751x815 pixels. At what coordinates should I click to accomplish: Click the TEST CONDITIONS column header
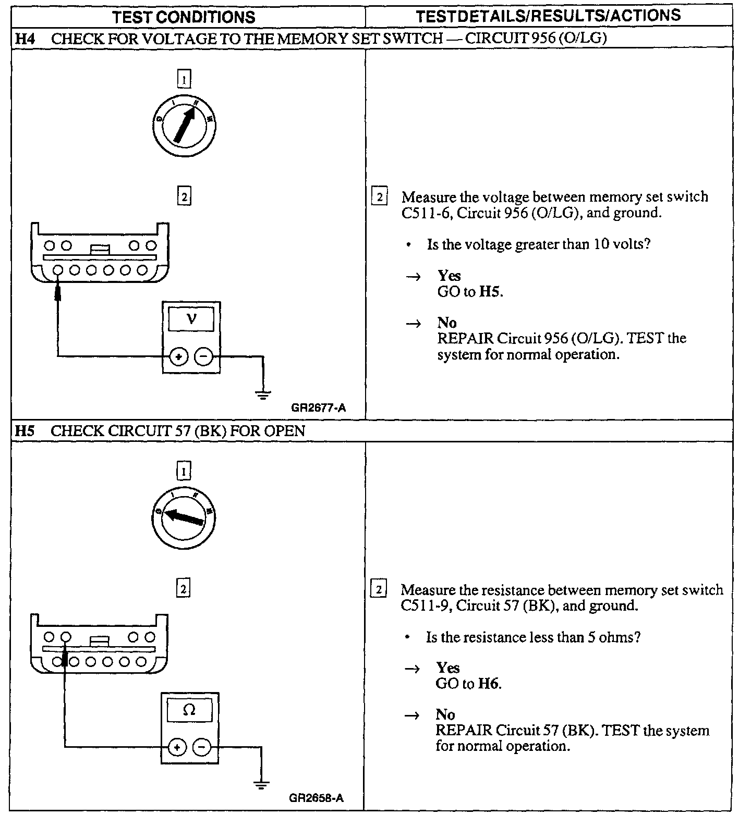click(x=184, y=17)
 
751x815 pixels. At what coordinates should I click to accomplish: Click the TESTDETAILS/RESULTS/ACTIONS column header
click(x=548, y=16)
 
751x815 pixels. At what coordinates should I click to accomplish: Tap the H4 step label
click(x=24, y=39)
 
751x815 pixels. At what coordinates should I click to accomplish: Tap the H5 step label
click(x=24, y=431)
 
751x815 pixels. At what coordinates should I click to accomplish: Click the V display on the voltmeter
click(x=191, y=318)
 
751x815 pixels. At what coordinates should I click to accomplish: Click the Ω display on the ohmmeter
click(x=189, y=710)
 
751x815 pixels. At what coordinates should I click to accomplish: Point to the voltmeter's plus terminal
click(x=179, y=357)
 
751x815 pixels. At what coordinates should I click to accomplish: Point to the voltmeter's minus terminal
click(x=203, y=357)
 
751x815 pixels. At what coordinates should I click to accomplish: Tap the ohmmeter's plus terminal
click(x=177, y=748)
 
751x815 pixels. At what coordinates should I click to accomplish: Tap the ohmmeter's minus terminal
click(x=202, y=748)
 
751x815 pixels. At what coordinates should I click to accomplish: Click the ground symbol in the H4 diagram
click(x=263, y=395)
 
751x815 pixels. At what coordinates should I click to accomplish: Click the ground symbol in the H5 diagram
click(x=261, y=786)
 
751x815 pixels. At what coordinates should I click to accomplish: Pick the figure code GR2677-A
click(x=318, y=408)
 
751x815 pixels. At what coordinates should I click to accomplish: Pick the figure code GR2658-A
click(x=316, y=798)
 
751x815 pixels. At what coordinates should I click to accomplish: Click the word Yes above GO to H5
click(x=449, y=276)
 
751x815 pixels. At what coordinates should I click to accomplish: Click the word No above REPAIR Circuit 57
click(x=445, y=714)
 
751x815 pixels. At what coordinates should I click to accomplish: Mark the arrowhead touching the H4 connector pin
click(x=58, y=292)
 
